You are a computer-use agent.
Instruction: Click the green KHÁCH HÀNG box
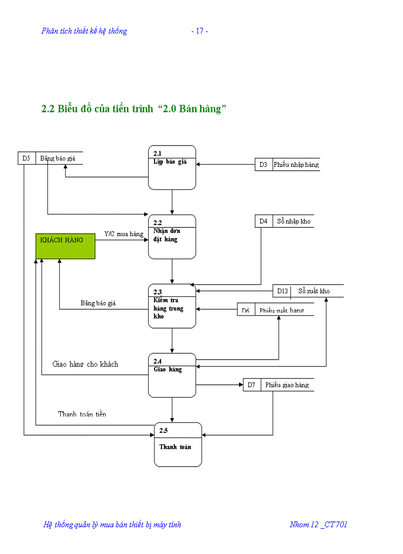(65, 246)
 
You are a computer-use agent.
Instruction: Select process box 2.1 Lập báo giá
(172, 167)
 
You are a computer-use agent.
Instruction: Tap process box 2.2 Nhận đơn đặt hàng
(172, 237)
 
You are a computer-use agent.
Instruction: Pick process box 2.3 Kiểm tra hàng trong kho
(172, 306)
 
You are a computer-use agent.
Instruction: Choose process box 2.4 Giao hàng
(172, 375)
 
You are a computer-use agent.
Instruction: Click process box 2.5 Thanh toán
(178, 444)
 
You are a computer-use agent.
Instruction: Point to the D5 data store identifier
(27, 158)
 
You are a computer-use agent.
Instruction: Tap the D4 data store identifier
(263, 222)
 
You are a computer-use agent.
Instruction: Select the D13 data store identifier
(282, 291)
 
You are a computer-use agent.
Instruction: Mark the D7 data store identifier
(251, 385)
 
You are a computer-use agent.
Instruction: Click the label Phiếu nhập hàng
(296, 165)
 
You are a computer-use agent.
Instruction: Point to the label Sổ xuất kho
(314, 291)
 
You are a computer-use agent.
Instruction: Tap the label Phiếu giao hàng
(287, 385)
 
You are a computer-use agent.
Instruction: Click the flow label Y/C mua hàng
(123, 234)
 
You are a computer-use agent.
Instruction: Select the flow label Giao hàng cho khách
(85, 364)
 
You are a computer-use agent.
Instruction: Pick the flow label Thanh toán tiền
(82, 414)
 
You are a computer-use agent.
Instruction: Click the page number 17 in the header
(200, 31)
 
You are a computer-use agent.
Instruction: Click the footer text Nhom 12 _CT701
(318, 524)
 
